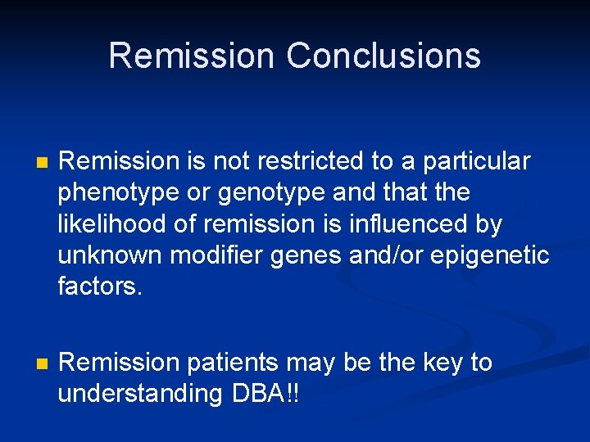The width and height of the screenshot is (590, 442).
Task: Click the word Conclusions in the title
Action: (x=383, y=56)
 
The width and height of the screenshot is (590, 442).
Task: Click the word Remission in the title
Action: (x=191, y=56)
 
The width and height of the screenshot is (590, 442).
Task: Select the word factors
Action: (x=100, y=286)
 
